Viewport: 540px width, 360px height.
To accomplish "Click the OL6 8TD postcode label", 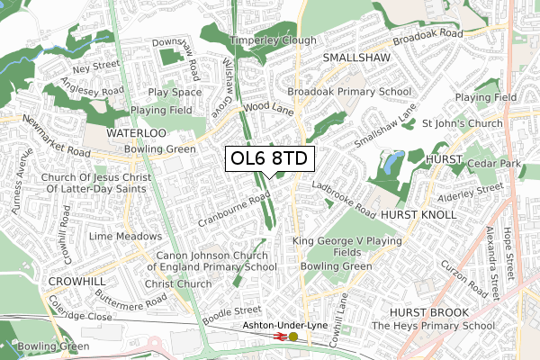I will coord(267,158).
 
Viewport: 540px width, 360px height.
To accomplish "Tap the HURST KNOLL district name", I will coord(418,217).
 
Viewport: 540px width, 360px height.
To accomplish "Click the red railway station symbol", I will coord(280,337).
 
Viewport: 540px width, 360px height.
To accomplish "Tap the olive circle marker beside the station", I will coord(292,337).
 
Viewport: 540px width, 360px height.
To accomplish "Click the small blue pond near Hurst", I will coord(393,164).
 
